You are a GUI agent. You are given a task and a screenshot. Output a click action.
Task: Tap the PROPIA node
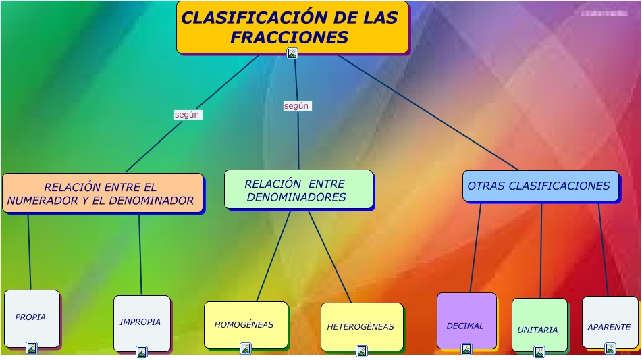tap(32, 317)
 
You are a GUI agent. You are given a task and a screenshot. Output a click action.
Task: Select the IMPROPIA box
tap(141, 322)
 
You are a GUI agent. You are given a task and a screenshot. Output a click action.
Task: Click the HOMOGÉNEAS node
tap(245, 325)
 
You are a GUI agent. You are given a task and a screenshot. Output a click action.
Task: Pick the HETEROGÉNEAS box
tap(361, 326)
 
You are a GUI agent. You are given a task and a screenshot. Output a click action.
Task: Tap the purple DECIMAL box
tap(466, 321)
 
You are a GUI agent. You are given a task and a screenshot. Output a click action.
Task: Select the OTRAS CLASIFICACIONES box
tap(539, 186)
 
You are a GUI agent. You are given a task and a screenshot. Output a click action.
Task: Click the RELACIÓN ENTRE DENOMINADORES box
tap(298, 189)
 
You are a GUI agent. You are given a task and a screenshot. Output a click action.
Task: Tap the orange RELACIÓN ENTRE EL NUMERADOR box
tap(102, 194)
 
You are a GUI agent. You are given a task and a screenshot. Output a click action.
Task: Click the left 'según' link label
tap(187, 115)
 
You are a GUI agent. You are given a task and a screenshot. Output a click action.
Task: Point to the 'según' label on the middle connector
tap(296, 106)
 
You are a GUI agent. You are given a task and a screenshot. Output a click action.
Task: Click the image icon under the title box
tap(292, 53)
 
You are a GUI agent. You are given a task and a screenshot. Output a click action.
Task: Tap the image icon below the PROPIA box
tap(31, 348)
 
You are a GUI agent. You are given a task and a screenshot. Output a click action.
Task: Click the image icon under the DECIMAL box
tap(466, 349)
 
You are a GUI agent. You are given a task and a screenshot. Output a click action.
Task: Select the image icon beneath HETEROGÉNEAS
tap(362, 351)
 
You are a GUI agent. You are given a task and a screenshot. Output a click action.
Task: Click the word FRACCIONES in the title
tap(289, 37)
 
